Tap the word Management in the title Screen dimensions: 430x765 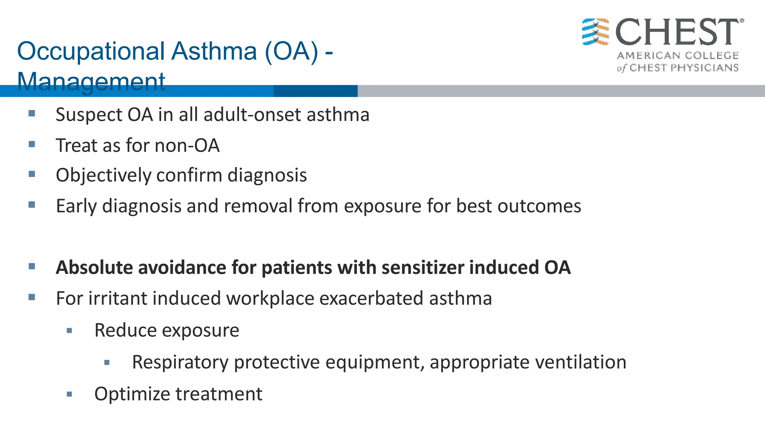tap(91, 81)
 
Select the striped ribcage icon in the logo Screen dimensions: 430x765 tap(595, 32)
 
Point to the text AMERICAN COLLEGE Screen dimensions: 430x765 tap(678, 56)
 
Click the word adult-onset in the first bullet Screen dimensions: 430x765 tap(253, 115)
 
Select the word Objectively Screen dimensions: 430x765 tap(103, 175)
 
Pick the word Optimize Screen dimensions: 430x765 tap(132, 394)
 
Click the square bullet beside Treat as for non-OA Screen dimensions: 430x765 tap(32, 144)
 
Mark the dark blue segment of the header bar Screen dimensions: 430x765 tap(315, 91)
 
